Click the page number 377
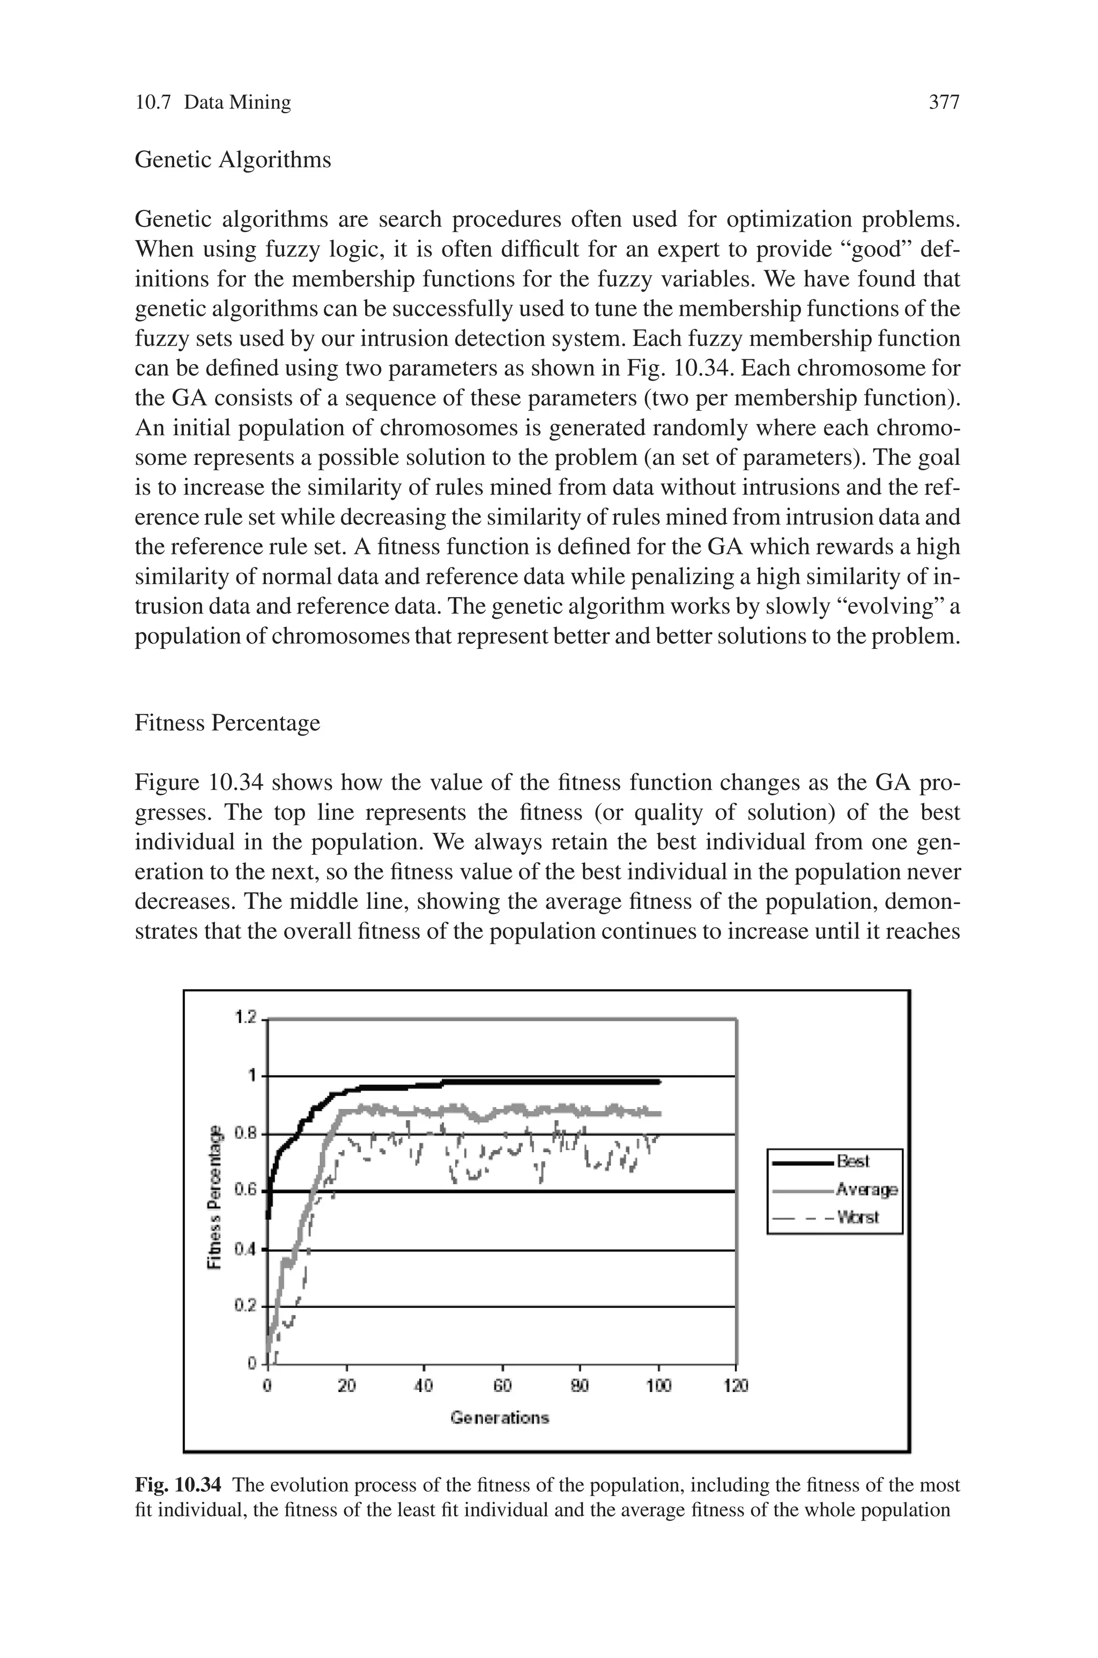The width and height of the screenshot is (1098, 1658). tap(943, 103)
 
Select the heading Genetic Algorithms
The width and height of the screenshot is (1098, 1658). tap(233, 160)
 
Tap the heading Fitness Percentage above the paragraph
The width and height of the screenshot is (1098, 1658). tap(227, 723)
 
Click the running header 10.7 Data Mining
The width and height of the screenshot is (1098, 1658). tap(212, 103)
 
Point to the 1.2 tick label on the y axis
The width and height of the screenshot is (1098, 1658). tap(247, 1017)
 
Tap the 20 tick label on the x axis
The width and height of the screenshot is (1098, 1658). tap(347, 1385)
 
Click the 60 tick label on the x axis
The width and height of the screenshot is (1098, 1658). tap(502, 1385)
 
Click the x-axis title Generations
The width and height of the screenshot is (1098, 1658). tap(500, 1418)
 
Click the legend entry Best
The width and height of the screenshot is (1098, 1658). tap(853, 1161)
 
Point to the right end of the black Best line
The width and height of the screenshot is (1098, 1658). tap(658, 1082)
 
